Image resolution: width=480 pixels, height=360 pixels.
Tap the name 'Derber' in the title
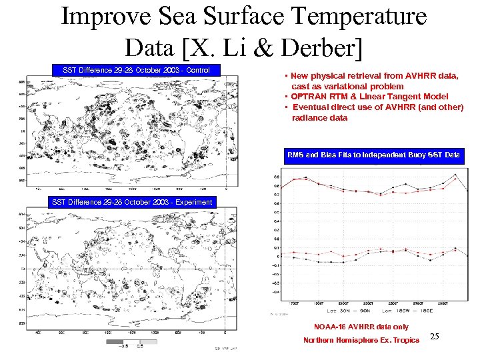tap(325, 46)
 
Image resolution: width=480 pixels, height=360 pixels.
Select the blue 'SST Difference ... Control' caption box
tap(136, 70)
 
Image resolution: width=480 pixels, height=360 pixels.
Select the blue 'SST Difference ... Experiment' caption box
tap(132, 202)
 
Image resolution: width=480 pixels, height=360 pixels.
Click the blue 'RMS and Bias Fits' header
tap(373, 155)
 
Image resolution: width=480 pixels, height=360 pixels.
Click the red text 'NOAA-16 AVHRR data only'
tap(361, 327)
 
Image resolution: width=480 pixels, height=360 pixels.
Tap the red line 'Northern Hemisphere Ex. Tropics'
tap(361, 340)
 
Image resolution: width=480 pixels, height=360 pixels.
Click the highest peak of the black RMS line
tap(455, 175)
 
